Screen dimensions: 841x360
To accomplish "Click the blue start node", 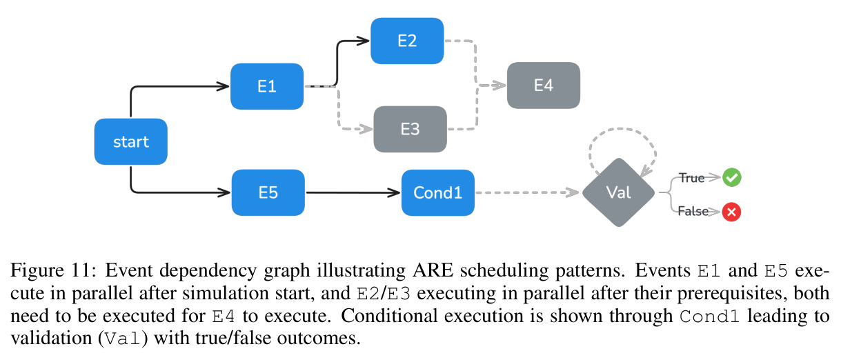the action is [130, 141].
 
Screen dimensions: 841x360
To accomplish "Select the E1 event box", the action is [267, 86].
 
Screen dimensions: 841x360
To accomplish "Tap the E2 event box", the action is [407, 41].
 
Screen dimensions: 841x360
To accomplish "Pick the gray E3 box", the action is [410, 129].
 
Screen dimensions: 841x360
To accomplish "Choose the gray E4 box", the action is [543, 86].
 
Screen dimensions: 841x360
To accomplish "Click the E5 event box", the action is [268, 192].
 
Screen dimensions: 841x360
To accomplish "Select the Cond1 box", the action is [438, 192].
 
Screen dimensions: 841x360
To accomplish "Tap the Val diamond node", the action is [618, 192].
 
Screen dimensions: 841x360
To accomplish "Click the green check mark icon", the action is [732, 177].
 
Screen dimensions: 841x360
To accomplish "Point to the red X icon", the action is [731, 212].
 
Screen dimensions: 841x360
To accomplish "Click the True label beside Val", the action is [691, 178].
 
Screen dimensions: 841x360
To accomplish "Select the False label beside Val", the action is [693, 211].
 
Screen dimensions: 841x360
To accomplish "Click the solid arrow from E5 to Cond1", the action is [353, 192].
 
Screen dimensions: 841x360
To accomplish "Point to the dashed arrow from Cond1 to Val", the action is [527, 192].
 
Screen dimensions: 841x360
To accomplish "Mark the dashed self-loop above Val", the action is [622, 129].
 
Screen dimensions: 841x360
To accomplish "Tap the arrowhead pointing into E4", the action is [499, 86].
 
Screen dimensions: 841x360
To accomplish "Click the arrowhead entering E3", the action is [366, 129].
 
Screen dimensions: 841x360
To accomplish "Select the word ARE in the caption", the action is [433, 270].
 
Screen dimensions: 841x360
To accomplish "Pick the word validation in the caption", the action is [52, 338].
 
